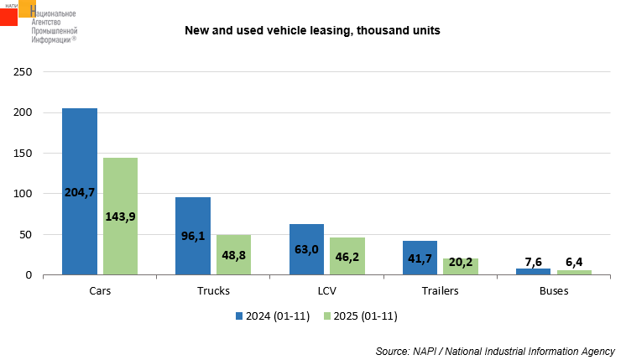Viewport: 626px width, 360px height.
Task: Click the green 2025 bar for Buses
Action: coord(574,272)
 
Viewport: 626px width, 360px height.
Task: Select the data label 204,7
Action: coord(80,191)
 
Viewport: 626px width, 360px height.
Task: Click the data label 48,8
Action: coord(233,254)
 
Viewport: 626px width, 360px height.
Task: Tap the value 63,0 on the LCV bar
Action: coord(306,248)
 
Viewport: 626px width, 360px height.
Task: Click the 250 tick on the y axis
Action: coord(23,72)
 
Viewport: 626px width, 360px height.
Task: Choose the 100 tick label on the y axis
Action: coord(23,194)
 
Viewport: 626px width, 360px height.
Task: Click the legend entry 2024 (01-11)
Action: coord(274,316)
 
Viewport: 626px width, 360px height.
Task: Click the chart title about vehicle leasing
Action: coord(313,30)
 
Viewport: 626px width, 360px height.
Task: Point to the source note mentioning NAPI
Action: coord(495,350)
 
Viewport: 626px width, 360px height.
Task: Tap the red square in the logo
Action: coord(8,17)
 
